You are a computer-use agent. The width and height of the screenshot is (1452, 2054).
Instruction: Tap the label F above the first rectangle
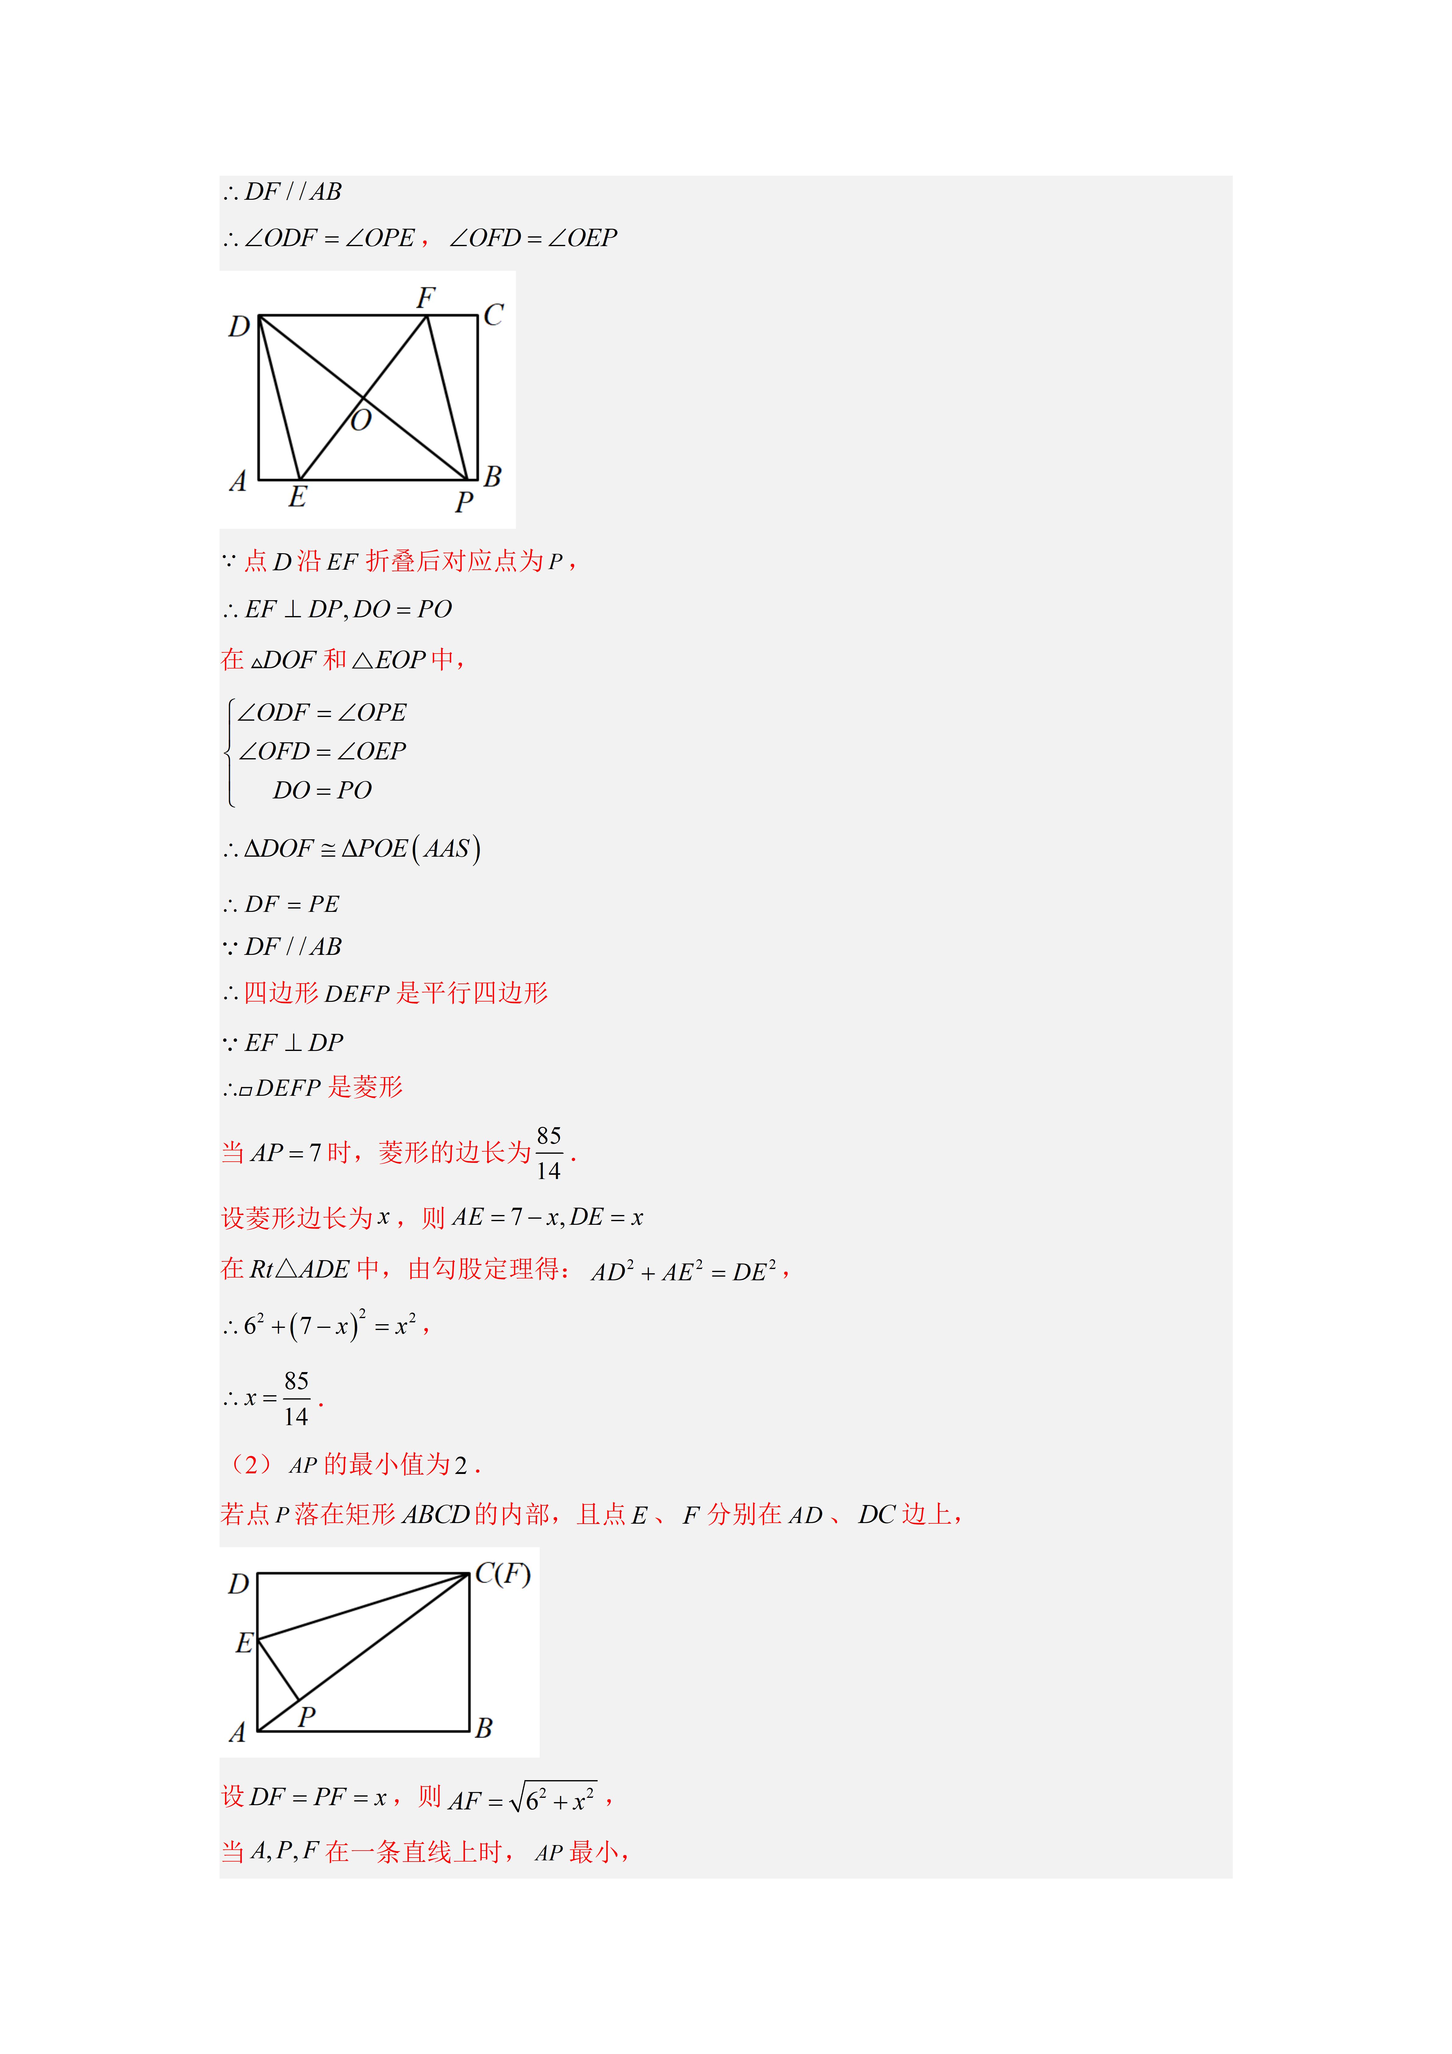pos(426,297)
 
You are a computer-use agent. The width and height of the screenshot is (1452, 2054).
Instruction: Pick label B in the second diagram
pos(484,1727)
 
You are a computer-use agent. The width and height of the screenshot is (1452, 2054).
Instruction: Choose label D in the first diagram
pos(239,327)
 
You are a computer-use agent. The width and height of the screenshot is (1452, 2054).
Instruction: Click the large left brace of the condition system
pos(231,751)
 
